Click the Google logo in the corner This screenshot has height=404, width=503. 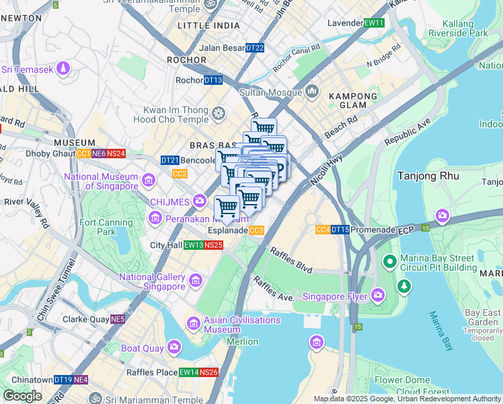pos(23,396)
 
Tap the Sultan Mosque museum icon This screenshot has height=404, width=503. pos(311,91)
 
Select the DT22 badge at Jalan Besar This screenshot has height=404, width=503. pos(255,48)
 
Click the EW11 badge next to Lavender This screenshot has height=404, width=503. pos(373,23)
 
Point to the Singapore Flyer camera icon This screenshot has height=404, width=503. pos(378,296)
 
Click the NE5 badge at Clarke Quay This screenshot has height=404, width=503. pos(118,319)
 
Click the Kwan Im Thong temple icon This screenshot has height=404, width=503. pos(219,113)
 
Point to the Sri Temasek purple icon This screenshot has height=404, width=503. pos(63,69)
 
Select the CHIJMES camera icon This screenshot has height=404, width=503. pos(199,200)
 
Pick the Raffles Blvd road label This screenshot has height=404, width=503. pos(291,261)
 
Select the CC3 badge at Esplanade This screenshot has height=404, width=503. pos(256,230)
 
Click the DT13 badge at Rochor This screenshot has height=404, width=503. pos(213,80)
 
